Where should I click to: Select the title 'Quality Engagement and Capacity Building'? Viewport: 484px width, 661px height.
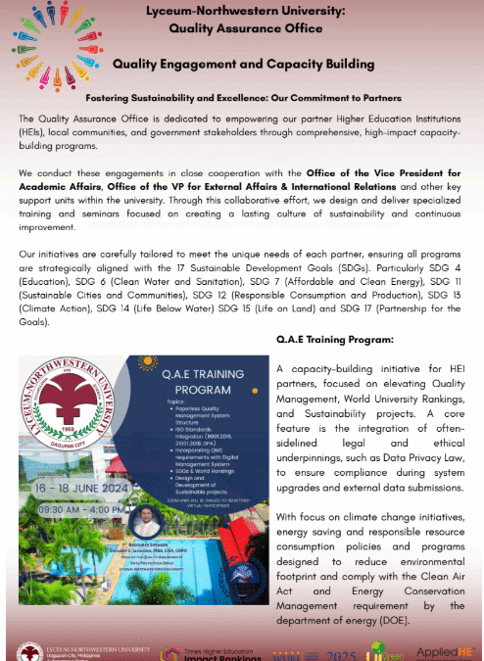point(243,64)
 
